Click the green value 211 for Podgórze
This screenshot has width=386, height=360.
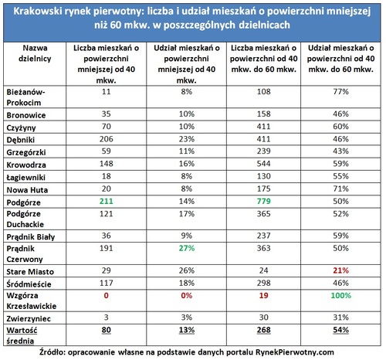[x=106, y=201]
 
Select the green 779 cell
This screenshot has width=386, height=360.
[x=263, y=201]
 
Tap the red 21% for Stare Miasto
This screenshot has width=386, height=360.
[x=340, y=270]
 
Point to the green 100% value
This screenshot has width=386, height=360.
[x=340, y=295]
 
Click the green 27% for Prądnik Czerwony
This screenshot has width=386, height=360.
[x=187, y=248]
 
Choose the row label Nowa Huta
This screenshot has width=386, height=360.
[x=27, y=190]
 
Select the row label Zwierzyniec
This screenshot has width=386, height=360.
[x=29, y=319]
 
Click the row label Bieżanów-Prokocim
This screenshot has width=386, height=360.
[x=25, y=97]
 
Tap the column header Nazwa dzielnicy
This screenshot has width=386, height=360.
[x=35, y=53]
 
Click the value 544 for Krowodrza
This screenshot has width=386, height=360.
[x=263, y=164]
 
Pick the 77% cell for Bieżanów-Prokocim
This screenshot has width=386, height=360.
[x=340, y=91]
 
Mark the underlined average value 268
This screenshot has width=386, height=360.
[x=263, y=330]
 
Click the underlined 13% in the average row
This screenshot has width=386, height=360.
[x=187, y=330]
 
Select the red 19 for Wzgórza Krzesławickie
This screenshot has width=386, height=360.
[x=263, y=295]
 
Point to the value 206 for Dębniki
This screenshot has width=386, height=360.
[x=106, y=139]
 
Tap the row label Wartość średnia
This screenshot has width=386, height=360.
[x=22, y=335]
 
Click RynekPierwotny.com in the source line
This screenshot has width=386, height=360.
[x=294, y=352]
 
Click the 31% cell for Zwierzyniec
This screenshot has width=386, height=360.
[x=340, y=318]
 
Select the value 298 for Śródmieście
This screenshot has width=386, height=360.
[x=263, y=283]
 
